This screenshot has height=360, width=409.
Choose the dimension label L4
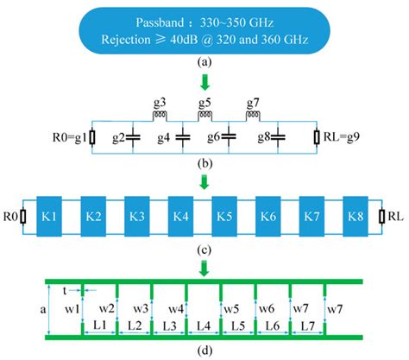[x=204, y=325]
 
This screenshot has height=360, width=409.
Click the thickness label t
[x=63, y=291]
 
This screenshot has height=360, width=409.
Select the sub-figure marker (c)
[x=204, y=250]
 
